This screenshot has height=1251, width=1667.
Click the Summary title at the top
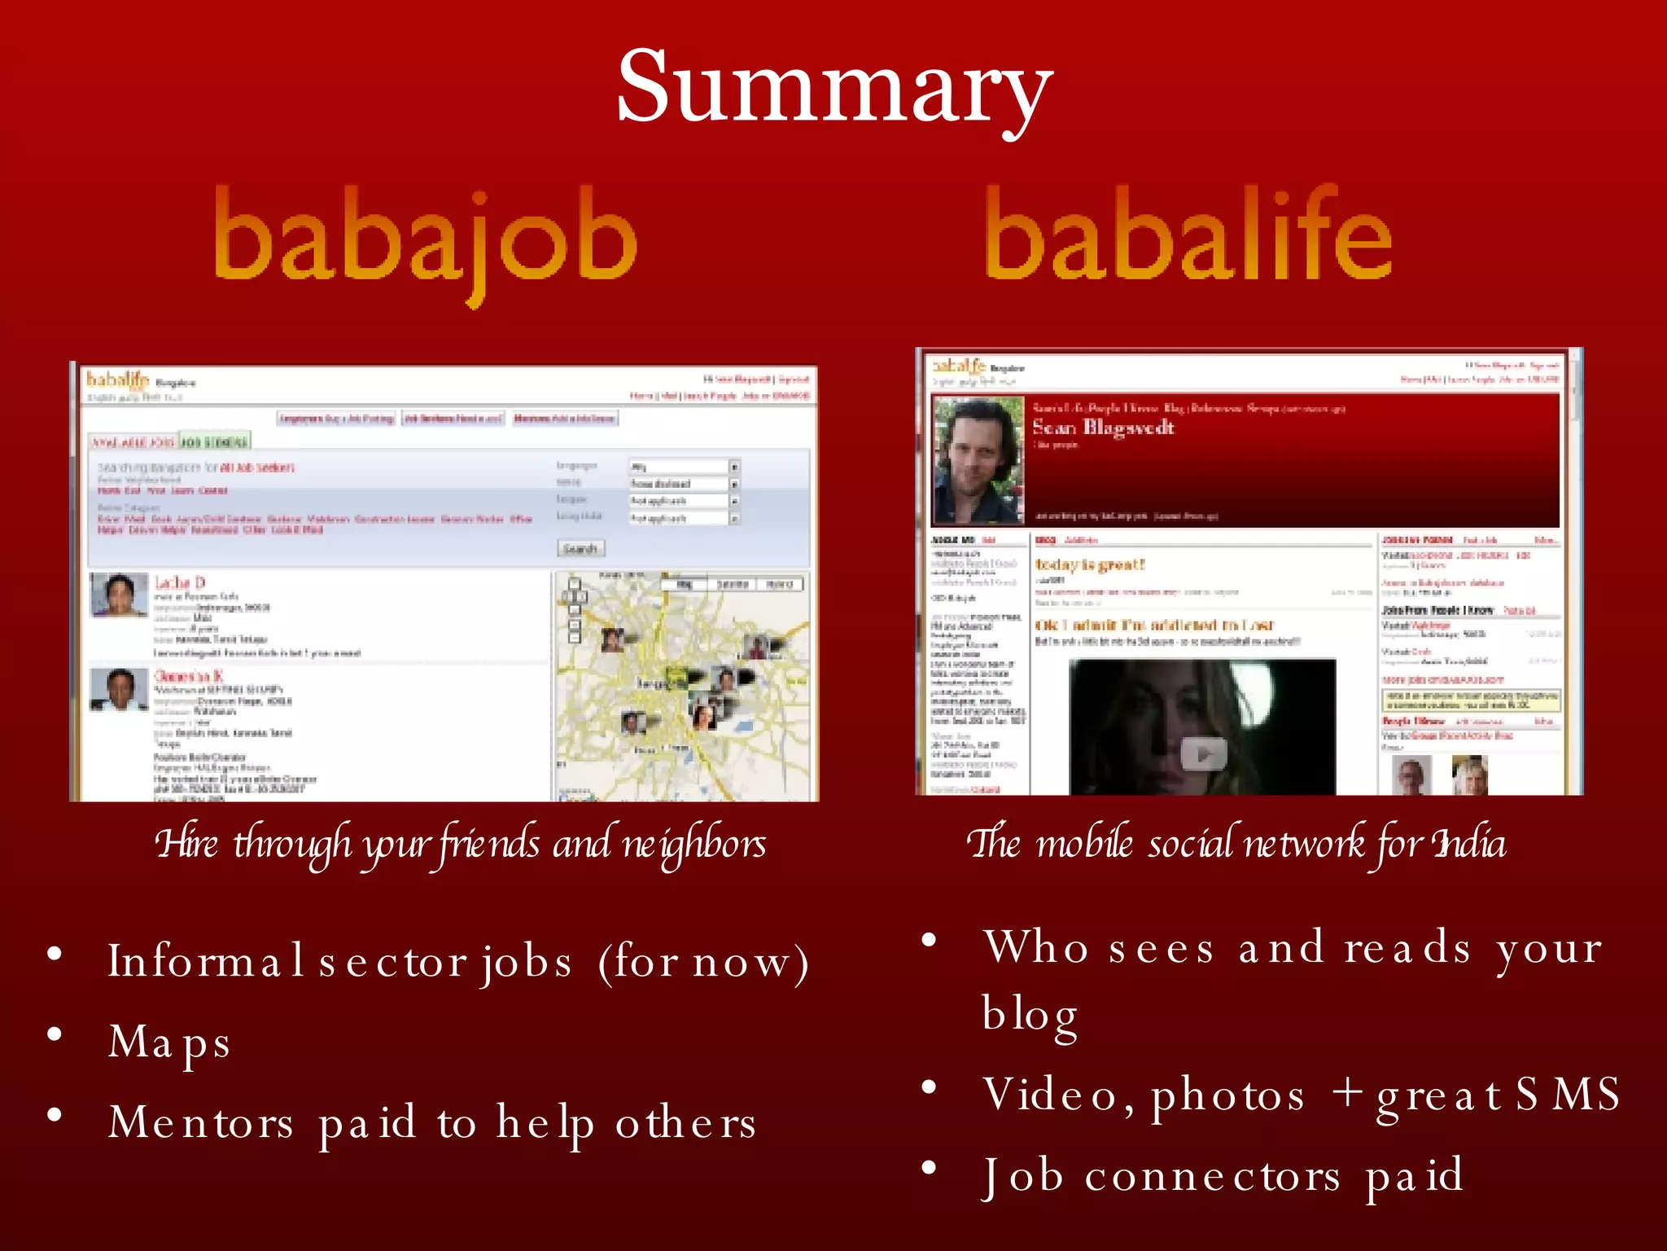(x=833, y=88)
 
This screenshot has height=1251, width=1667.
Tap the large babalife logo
(x=1188, y=236)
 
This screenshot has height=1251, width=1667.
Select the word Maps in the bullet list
(x=170, y=1043)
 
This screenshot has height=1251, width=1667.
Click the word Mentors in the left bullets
(x=201, y=1122)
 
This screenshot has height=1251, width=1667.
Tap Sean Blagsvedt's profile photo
(x=978, y=460)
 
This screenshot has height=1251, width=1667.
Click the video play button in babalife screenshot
(x=1203, y=753)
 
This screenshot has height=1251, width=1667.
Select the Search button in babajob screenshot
(x=580, y=548)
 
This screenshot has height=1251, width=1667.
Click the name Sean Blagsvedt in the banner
(x=1102, y=428)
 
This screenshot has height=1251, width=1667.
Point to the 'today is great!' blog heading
(x=1089, y=564)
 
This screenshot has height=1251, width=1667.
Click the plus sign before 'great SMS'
(x=1347, y=1091)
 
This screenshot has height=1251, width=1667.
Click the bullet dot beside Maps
(x=55, y=1034)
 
